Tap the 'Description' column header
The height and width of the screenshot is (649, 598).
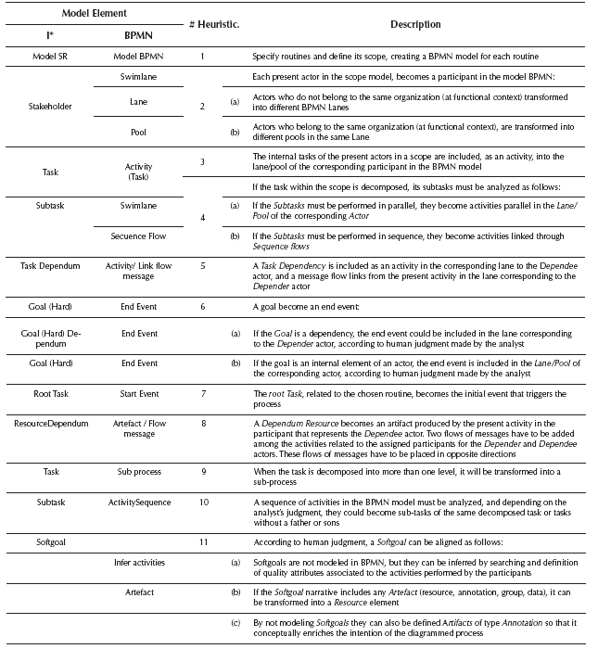coord(415,23)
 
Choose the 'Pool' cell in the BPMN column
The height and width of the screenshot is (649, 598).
coord(139,133)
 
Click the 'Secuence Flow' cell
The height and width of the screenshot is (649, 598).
coord(139,236)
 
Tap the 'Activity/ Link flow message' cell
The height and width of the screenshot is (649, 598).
coord(139,271)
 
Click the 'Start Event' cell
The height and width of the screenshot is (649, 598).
coord(139,394)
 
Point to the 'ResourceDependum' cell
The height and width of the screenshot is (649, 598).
coord(51,423)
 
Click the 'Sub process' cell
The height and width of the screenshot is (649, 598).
coord(139,470)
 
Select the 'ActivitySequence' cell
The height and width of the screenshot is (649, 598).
coord(139,502)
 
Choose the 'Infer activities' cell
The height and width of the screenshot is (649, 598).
coord(139,563)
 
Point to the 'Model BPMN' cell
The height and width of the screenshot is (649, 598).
coord(139,56)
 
